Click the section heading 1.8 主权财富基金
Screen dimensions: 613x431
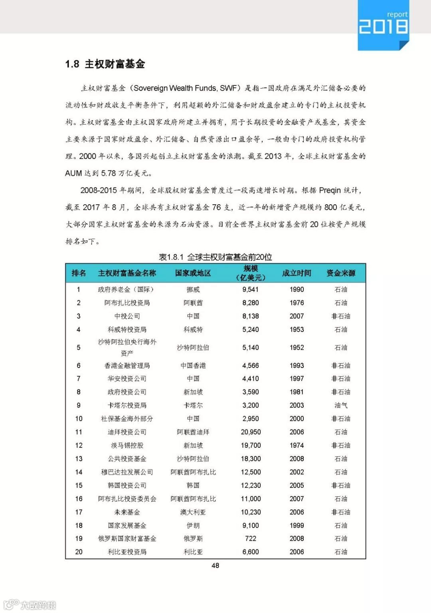[105, 64]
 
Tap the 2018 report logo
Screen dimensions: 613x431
[383, 25]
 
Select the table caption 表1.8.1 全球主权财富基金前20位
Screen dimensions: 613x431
[215, 257]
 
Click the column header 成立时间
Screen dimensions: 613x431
[297, 273]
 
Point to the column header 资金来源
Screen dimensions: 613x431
[341, 273]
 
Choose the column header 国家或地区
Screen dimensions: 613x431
[193, 273]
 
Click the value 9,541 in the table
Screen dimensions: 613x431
[251, 289]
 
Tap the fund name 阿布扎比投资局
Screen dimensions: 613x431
[127, 303]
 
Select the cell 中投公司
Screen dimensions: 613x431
[127, 316]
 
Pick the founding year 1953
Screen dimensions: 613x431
[297, 330]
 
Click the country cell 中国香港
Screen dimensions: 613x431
[193, 366]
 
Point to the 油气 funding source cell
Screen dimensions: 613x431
[341, 405]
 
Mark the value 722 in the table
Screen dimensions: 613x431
[251, 539]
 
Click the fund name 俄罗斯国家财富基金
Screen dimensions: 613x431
[127, 539]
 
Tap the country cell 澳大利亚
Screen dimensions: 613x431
[193, 512]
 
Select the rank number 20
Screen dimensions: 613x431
[79, 552]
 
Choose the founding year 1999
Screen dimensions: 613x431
[297, 526]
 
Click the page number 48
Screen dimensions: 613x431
[215, 566]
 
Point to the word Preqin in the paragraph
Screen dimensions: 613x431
[330, 190]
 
